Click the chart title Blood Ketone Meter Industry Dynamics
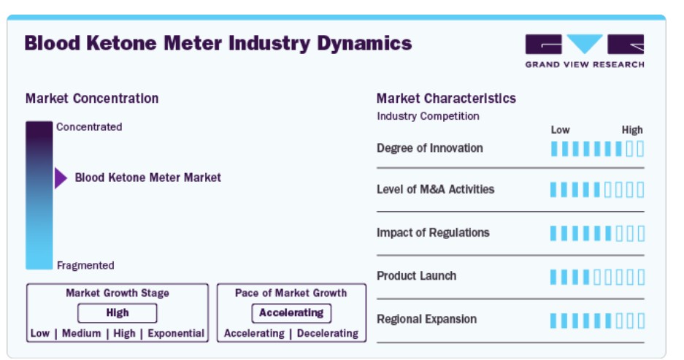(218, 44)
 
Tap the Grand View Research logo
(585, 51)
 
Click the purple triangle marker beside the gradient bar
(61, 177)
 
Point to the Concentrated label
(89, 127)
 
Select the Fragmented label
(85, 265)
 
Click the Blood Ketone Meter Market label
(148, 177)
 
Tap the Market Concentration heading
(92, 99)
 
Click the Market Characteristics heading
(446, 99)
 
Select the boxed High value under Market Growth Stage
(118, 313)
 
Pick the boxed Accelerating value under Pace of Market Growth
(291, 313)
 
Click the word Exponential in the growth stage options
(176, 334)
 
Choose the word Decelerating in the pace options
(328, 334)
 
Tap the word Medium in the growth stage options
(82, 334)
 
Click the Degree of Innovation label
(430, 148)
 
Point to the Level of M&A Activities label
(435, 189)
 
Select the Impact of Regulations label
(433, 233)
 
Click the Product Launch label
(417, 276)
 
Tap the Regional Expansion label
(426, 319)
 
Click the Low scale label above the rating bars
(560, 130)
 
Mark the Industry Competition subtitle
(428, 116)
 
